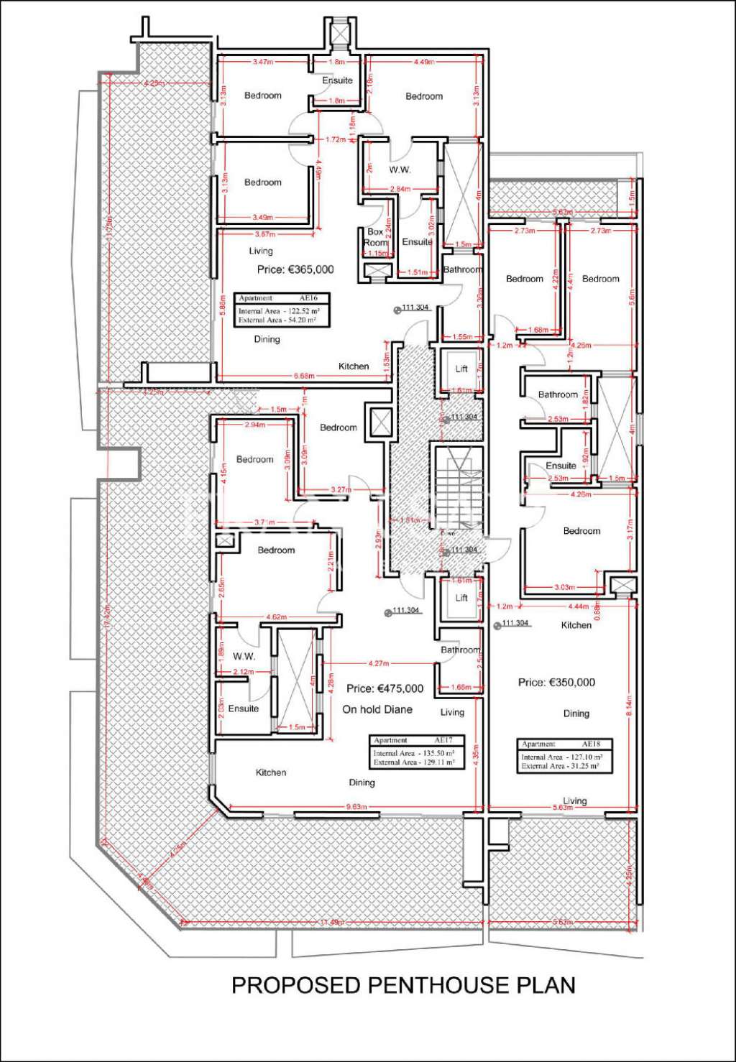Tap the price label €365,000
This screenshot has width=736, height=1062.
(x=295, y=269)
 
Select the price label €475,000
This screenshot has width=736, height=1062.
(x=385, y=688)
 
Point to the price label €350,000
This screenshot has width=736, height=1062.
(x=556, y=682)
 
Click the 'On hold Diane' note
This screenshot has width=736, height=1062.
(x=377, y=709)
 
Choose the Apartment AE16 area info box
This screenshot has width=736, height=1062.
(x=282, y=310)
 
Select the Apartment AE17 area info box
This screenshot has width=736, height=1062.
(x=416, y=752)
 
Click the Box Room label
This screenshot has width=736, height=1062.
(x=375, y=237)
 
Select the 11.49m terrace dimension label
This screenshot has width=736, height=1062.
(x=331, y=923)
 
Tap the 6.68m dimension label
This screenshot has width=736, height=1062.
(x=304, y=376)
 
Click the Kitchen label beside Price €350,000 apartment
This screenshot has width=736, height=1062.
(x=576, y=625)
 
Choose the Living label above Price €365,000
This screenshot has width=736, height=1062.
(x=261, y=251)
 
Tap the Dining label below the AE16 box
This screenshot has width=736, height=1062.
(x=267, y=339)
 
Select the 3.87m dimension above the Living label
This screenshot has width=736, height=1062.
(x=265, y=234)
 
